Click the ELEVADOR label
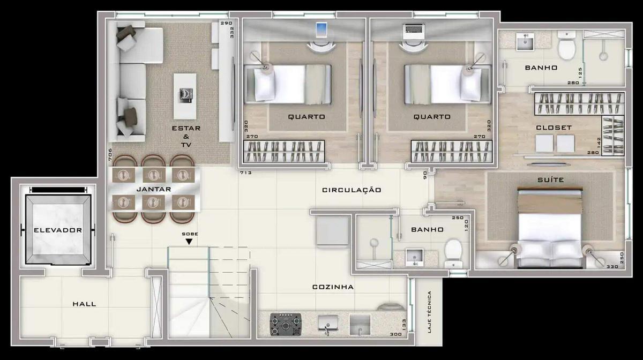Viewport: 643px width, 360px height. (x=57, y=230)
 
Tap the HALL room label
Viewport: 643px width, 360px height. (x=84, y=304)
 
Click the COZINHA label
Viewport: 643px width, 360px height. (x=333, y=287)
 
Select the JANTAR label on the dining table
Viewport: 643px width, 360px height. (x=153, y=189)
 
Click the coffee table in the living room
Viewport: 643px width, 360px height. (x=185, y=96)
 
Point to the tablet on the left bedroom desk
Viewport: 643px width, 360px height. (x=322, y=29)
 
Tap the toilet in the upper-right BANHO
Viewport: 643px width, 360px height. (x=566, y=46)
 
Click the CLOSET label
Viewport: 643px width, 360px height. (x=554, y=127)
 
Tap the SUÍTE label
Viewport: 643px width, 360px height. (x=550, y=180)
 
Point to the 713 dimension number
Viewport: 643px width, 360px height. (x=245, y=173)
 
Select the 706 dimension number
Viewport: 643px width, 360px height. (x=110, y=155)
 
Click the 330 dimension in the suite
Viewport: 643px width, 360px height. (x=611, y=266)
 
